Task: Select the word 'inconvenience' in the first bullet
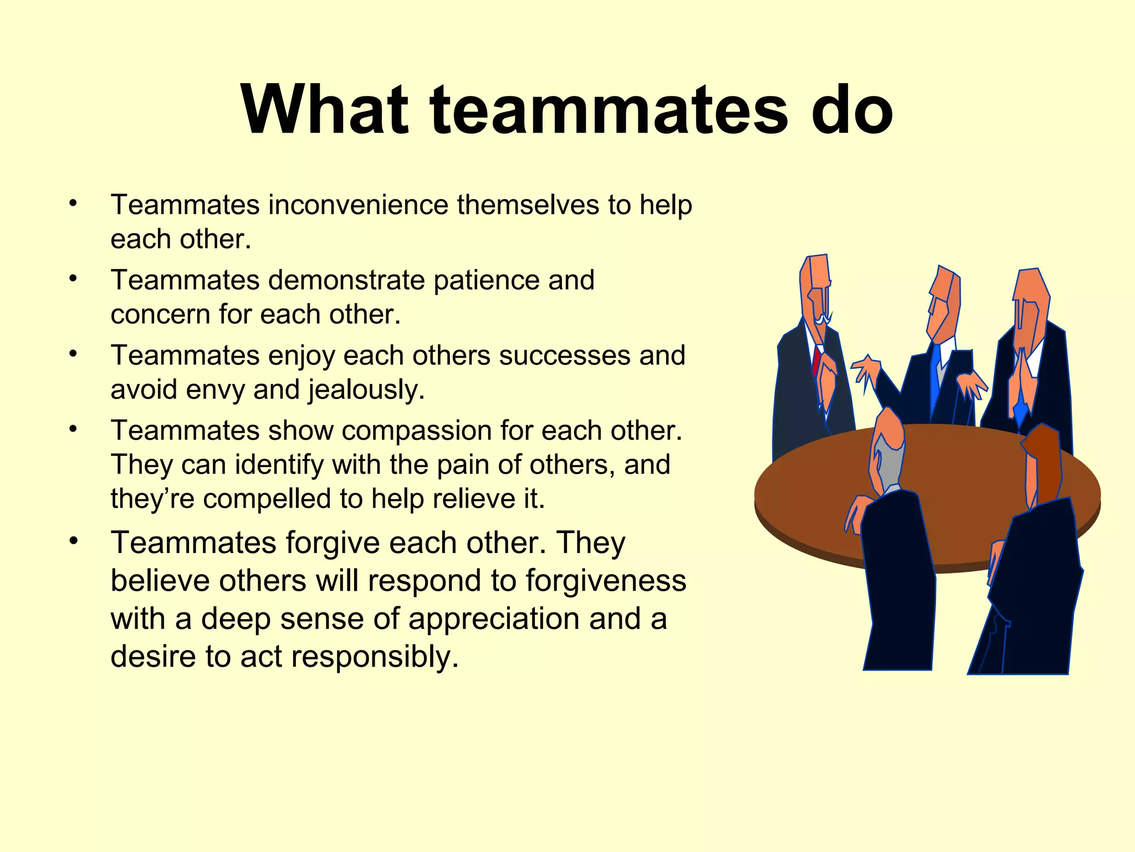358,205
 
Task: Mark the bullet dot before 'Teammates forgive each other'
73,540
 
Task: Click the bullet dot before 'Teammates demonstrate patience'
73,278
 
